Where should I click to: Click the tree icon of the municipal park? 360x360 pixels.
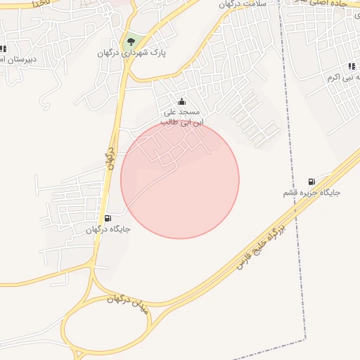[130, 41]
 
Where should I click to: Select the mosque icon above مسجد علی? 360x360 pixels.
[182, 102]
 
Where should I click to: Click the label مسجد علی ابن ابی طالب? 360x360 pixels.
[181, 117]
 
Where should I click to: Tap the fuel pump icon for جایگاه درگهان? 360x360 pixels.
[108, 218]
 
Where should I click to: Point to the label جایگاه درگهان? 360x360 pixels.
[108, 229]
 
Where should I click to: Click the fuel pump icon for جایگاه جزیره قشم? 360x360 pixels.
[311, 181]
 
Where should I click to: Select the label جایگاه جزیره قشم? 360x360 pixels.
[311, 193]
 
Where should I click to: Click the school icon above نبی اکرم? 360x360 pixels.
[332, 66]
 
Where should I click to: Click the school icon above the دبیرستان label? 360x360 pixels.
[3, 49]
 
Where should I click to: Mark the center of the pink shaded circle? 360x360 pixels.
[180, 179]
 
